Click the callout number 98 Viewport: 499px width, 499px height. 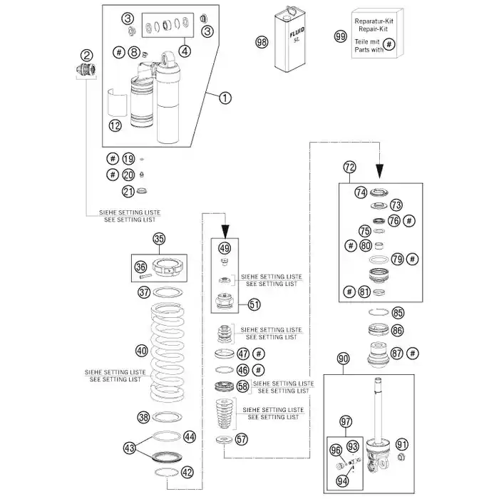tap(262, 42)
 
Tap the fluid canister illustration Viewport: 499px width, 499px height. tap(290, 38)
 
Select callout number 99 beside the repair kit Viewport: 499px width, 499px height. tap(341, 36)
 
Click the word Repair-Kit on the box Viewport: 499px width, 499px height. tap(374, 29)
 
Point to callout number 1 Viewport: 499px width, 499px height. tap(225, 98)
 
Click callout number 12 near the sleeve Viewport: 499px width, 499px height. tap(115, 125)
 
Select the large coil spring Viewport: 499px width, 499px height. tap(168, 351)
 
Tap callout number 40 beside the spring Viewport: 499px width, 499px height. tap(142, 351)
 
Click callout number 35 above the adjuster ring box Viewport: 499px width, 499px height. tap(159, 239)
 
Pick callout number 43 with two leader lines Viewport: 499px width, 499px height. tap(130, 448)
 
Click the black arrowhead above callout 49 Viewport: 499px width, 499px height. tap(225, 232)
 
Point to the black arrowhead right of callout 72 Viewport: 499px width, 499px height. tap(379, 171)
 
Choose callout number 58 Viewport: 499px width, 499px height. tap(243, 386)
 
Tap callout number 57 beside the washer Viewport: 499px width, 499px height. tap(242, 440)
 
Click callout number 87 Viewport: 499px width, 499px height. tap(397, 354)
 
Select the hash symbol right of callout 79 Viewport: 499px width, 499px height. tap(413, 259)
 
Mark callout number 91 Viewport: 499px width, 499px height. tap(402, 445)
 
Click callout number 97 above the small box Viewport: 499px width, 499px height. tap(346, 422)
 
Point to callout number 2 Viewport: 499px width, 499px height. tap(86, 56)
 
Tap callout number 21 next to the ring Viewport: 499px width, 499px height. tap(128, 192)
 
